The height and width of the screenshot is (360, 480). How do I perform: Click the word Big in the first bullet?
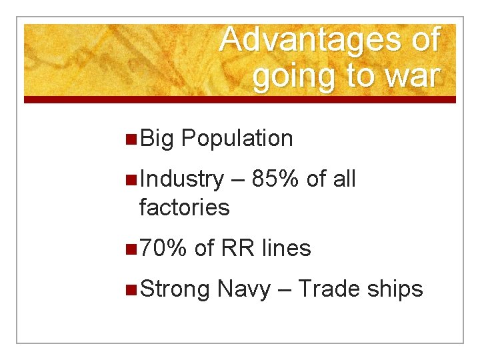[157, 138]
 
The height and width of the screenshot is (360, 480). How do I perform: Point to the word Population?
[237, 139]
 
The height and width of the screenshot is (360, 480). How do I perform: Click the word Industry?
[182, 179]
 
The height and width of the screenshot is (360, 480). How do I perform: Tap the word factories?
[184, 207]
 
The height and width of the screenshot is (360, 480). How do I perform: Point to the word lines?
[286, 248]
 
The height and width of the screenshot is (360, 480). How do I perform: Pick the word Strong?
[175, 289]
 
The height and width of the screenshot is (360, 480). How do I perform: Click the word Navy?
[244, 289]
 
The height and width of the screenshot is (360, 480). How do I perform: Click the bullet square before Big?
[131, 139]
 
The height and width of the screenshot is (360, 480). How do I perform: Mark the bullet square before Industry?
[131, 179]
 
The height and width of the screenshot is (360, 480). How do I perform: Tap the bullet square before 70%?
[131, 249]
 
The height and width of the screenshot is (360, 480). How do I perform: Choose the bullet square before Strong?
[131, 289]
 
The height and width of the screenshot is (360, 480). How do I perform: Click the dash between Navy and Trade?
[284, 290]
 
